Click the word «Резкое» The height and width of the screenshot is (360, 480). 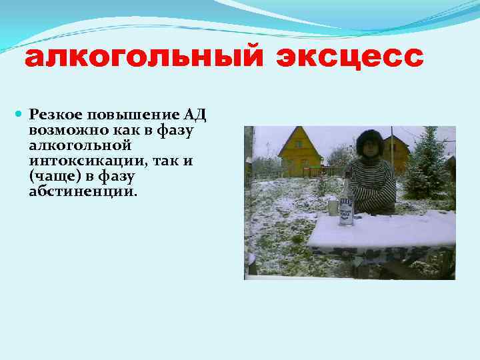click(53, 115)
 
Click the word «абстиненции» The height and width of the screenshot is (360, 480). click(81, 191)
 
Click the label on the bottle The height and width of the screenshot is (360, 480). click(345, 208)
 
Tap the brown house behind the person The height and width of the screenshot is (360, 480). click(397, 151)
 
